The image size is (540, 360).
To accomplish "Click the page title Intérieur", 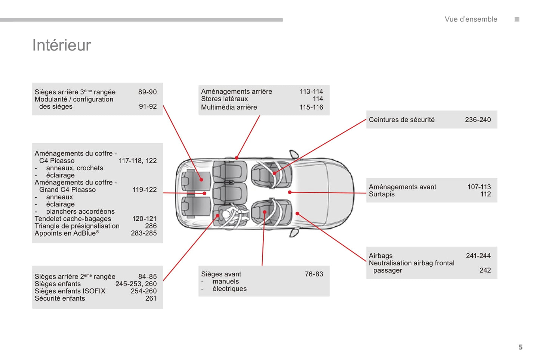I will pos(62,45).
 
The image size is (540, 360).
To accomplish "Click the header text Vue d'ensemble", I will pos(471,19).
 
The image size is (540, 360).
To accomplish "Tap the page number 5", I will pos(521,347).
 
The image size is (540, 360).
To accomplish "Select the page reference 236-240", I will pos(478,120).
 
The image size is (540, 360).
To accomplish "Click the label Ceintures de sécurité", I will pos(402,120).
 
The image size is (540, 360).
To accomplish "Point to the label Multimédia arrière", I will pos(229,107).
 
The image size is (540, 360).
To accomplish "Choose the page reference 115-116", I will pos(311,107).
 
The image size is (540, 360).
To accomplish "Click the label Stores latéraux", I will pos(225,99).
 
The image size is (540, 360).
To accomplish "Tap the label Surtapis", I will pos(382,194).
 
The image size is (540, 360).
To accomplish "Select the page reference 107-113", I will pos(479,187).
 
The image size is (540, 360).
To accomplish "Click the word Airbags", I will pos(381,256).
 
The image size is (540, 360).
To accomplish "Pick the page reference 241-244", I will pos(478,256).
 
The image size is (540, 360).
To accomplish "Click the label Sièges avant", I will pos(221,274).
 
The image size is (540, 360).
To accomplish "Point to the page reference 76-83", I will pos(314,274).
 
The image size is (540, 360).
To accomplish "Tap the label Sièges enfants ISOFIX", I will pos(70,291).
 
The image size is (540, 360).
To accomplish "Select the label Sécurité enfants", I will pos(60,298).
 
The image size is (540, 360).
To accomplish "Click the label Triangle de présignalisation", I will pos(77,226).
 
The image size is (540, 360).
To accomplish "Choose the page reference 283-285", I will pos(144,233).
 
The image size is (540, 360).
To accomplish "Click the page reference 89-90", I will pos(148,92).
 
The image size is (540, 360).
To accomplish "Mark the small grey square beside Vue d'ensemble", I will pos(517,19).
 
